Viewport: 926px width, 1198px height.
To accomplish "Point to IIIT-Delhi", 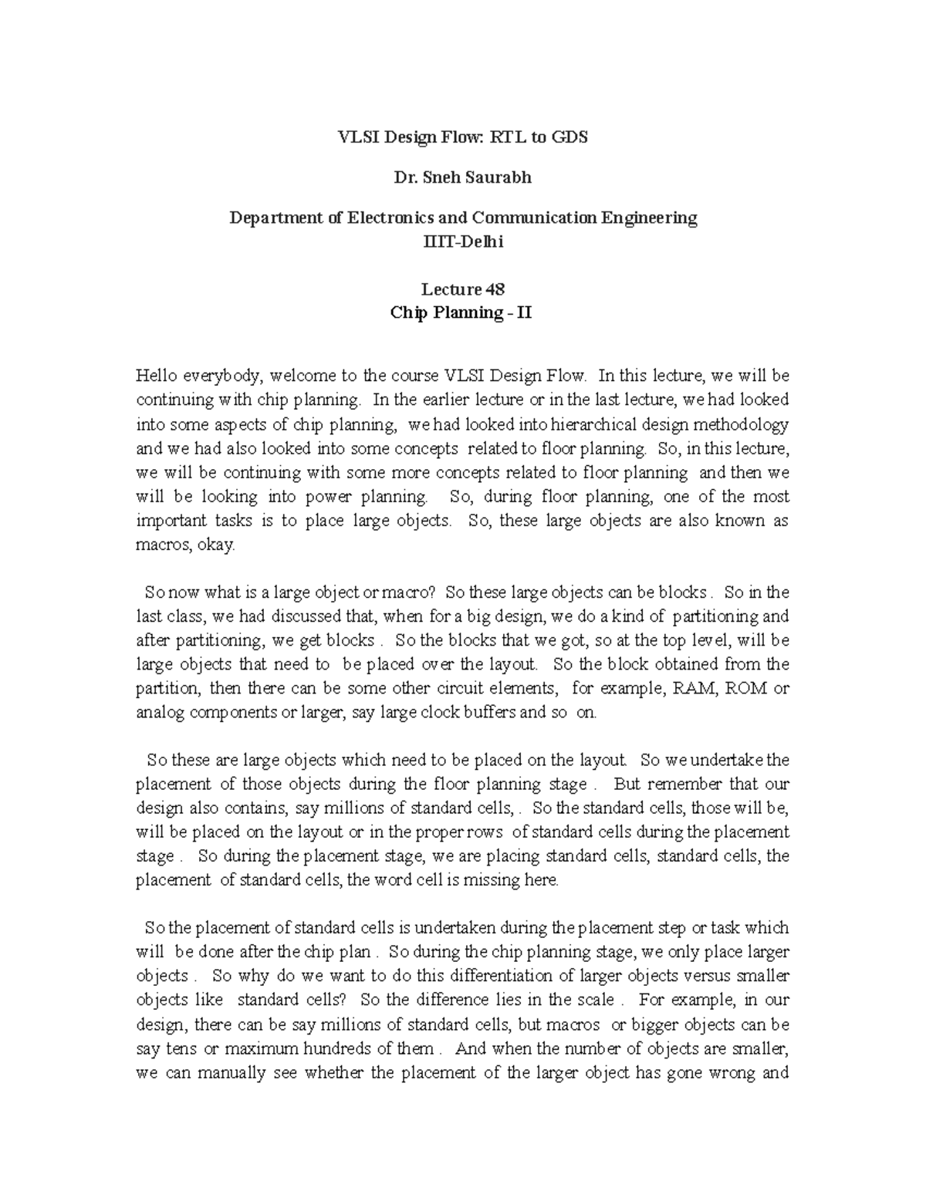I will coord(463,241).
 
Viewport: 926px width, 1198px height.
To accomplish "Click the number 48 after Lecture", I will coord(495,289).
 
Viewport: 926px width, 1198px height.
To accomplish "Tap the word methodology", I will coord(742,424).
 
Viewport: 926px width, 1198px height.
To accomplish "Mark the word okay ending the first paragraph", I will coord(215,545).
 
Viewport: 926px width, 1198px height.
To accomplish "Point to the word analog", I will coord(160,712).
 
